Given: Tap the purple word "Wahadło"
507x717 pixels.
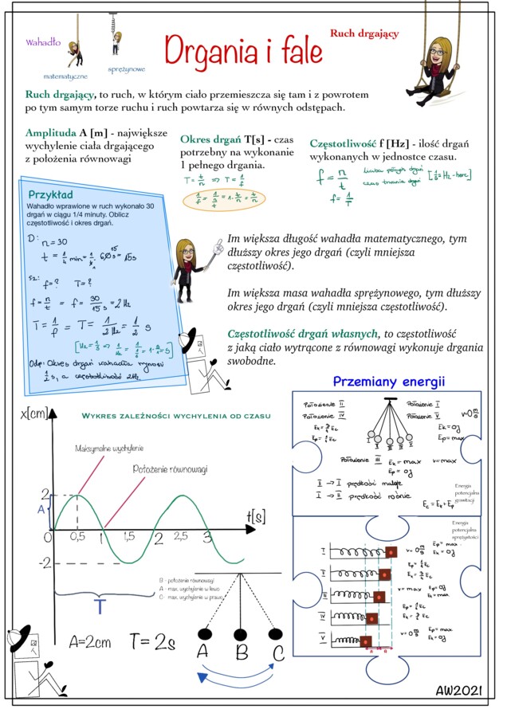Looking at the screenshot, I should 43,41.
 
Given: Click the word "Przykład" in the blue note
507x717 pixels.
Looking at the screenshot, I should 50,194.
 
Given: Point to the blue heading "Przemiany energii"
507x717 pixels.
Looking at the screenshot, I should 388,382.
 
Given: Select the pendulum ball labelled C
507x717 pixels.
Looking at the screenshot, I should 276,634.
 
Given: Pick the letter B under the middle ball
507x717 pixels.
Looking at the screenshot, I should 242,653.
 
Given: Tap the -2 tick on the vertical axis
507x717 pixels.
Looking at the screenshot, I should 45,563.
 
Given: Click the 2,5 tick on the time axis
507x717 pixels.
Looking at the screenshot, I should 181,537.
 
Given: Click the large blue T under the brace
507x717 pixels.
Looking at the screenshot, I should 100,607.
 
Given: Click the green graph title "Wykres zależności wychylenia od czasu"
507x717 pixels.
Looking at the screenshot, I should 176,416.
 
